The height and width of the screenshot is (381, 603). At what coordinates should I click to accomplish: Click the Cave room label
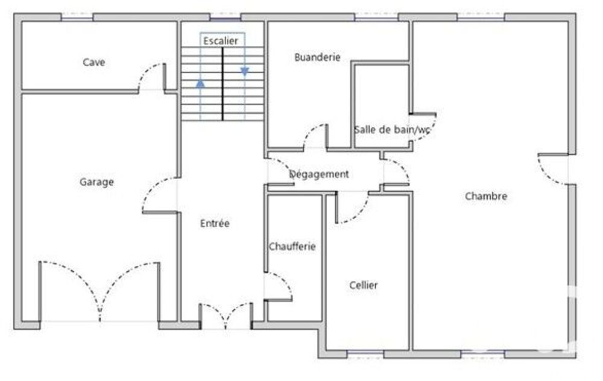[94, 62]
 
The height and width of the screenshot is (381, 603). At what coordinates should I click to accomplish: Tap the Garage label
[96, 182]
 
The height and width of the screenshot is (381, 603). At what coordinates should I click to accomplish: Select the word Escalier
[221, 41]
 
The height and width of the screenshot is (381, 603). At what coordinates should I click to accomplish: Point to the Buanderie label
[317, 57]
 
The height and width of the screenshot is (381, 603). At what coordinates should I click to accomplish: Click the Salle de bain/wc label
[392, 130]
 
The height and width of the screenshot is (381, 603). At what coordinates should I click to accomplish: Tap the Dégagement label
[319, 174]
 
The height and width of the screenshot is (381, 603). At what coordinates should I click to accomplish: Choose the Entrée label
[215, 224]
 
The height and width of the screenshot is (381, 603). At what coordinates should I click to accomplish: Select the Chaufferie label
[292, 247]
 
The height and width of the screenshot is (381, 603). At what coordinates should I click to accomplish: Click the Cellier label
[364, 285]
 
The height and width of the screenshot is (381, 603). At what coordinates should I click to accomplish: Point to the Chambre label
[486, 196]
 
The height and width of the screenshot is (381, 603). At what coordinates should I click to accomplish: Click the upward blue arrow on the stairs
[200, 83]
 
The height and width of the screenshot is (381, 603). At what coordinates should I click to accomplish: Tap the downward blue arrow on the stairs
[245, 72]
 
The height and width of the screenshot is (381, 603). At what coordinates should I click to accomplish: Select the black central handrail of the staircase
[223, 84]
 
